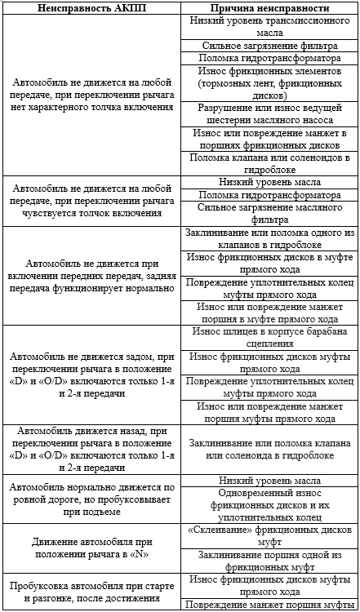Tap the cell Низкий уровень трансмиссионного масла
(x=269, y=27)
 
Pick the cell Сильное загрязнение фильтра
(x=269, y=46)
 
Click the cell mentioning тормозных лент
(x=269, y=81)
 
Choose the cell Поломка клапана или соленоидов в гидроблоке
(x=269, y=162)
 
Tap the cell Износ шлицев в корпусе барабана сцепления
(x=269, y=337)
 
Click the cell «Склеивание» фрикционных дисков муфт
(x=269, y=534)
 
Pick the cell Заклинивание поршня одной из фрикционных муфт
(x=269, y=559)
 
